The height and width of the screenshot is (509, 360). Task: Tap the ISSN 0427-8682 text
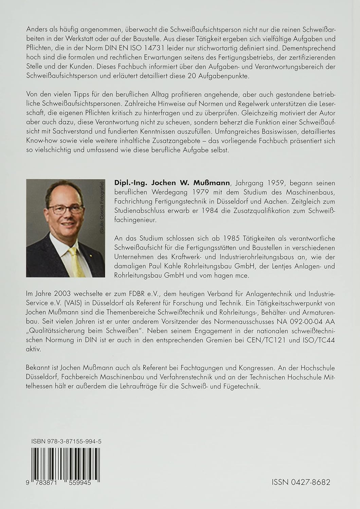click(x=301, y=482)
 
